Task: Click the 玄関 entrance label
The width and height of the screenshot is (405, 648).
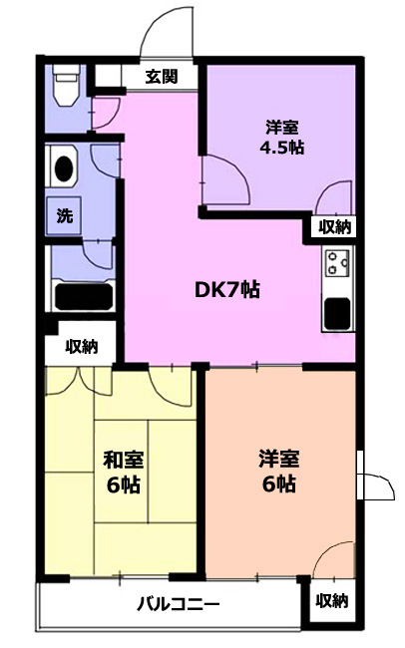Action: coord(162,77)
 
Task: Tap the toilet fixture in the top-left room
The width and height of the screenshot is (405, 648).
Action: coord(66,85)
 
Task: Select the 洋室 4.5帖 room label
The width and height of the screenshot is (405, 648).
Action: coord(281,137)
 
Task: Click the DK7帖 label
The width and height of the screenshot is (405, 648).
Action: coord(227,290)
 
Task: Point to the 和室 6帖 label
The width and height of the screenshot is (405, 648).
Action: coord(124,472)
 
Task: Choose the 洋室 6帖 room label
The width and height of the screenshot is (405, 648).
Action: coord(279,472)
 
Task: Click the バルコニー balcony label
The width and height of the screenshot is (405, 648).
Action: coord(178,605)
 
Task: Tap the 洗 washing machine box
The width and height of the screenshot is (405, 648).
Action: coord(64,215)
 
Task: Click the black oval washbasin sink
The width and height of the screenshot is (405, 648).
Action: coord(64,168)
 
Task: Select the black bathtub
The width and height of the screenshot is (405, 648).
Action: coord(84,297)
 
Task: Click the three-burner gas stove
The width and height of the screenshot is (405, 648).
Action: coord(337,263)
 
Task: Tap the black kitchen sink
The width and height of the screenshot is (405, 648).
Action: coord(337,313)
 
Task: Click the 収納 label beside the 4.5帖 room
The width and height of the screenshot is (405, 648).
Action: coord(334,227)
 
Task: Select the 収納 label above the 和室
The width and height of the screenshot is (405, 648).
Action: coord(82,346)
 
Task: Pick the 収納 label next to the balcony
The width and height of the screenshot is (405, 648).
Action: coord(332,601)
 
